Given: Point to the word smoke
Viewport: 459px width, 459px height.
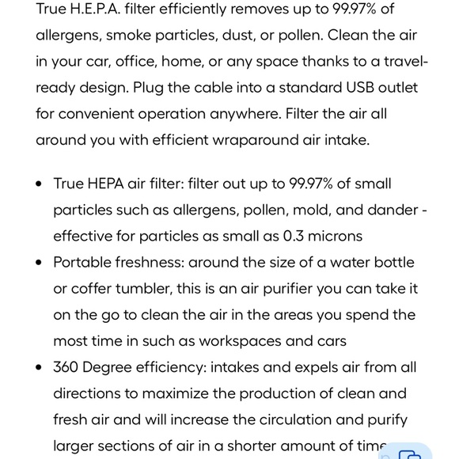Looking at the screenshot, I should pos(129,35).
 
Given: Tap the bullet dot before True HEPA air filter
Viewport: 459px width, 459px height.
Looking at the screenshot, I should pos(40,184).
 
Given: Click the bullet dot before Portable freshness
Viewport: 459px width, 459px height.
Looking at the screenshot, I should pos(40,262).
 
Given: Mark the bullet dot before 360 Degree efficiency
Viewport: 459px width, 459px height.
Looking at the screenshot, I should pos(40,367).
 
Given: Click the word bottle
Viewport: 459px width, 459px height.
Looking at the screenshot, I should pos(393,262).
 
